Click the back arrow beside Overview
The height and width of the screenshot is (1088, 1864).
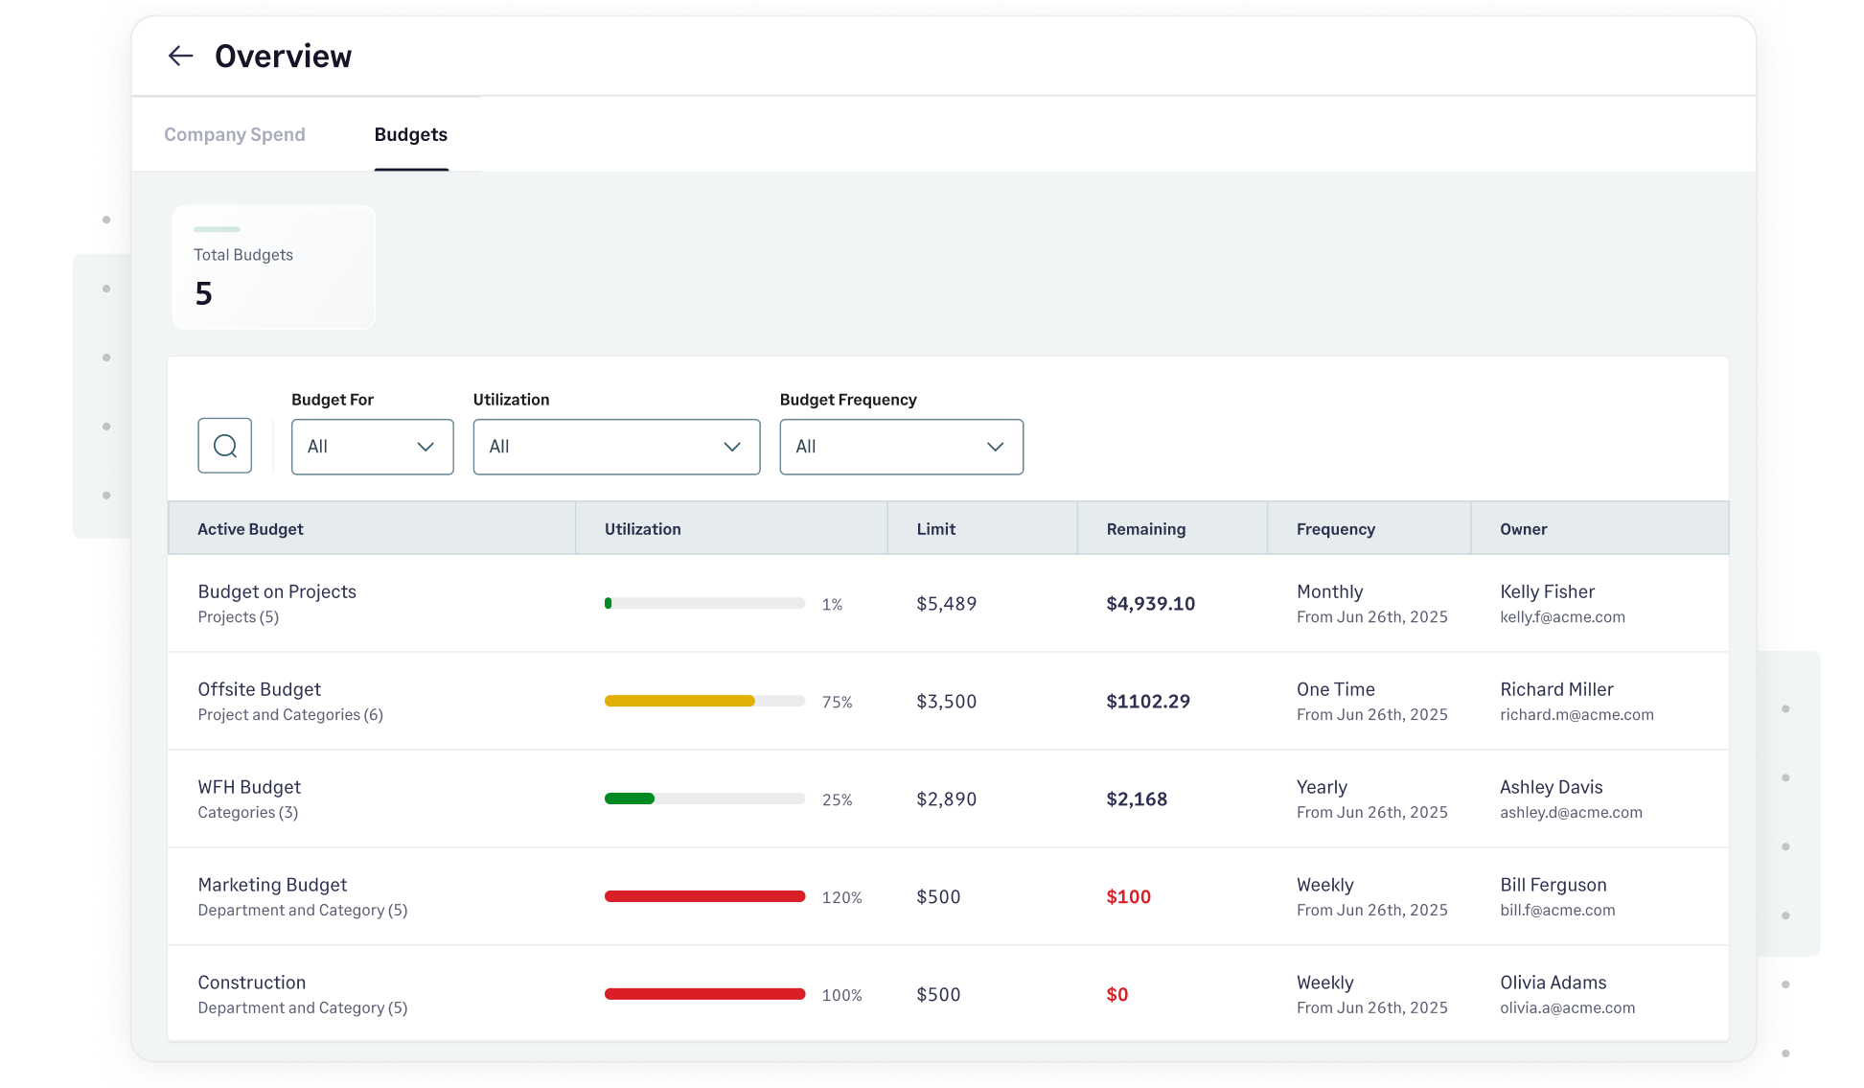pyautogui.click(x=180, y=57)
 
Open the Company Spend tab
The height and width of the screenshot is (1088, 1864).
pyautogui.click(x=235, y=135)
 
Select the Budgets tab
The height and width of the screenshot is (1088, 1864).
pyautogui.click(x=410, y=135)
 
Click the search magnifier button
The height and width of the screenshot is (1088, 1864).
pyautogui.click(x=225, y=446)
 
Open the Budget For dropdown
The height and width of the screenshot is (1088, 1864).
pyautogui.click(x=372, y=447)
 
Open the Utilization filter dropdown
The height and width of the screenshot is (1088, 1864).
pyautogui.click(x=616, y=447)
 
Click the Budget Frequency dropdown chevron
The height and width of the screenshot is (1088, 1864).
pyautogui.click(x=995, y=447)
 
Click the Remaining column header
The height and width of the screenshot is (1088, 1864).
pyautogui.click(x=1145, y=529)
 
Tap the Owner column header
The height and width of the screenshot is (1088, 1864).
pyautogui.click(x=1523, y=529)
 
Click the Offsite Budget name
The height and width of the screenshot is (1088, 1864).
pyautogui.click(x=259, y=689)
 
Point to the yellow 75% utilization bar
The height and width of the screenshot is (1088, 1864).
pyautogui.click(x=679, y=702)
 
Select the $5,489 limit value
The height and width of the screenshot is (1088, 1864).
pyautogui.click(x=946, y=604)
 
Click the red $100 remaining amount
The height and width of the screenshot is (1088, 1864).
pyautogui.click(x=1128, y=897)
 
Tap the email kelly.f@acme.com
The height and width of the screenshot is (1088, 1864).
pyautogui.click(x=1562, y=617)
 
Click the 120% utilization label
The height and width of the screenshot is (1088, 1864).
pyautogui.click(x=841, y=898)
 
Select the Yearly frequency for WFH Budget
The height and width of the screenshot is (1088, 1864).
pyautogui.click(x=1322, y=787)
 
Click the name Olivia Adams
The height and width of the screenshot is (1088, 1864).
pyautogui.click(x=1553, y=983)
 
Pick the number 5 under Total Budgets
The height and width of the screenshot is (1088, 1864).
pyautogui.click(x=203, y=293)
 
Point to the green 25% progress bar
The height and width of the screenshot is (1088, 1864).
pyautogui.click(x=630, y=799)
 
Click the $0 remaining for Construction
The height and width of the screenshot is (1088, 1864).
pyautogui.click(x=1116, y=995)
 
